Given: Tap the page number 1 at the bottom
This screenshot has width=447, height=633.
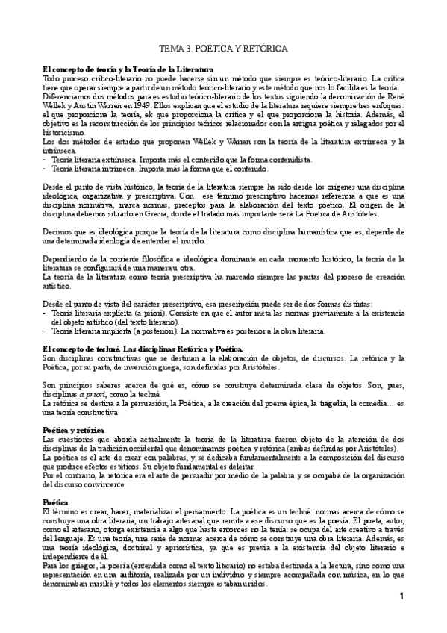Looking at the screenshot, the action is click(401, 596).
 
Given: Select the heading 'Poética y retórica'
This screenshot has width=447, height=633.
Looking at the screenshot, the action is click(72, 431).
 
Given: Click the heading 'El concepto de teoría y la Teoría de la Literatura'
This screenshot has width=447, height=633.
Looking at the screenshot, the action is click(121, 69).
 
